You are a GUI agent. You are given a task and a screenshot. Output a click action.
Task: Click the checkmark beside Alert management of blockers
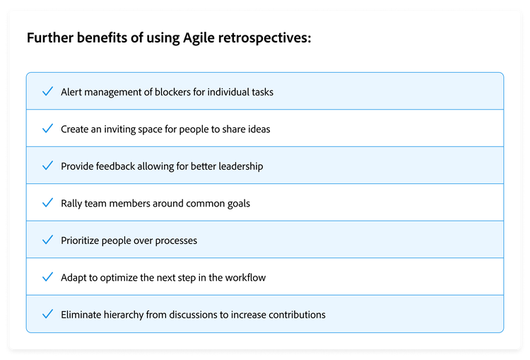[x=47, y=92]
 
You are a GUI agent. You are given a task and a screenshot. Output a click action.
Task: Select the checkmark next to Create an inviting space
[x=47, y=129]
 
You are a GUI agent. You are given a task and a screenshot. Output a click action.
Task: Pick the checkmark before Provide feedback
[x=47, y=166]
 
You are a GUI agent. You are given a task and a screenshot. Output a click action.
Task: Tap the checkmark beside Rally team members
[x=47, y=203]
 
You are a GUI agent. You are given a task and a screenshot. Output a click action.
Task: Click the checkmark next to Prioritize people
[x=47, y=240]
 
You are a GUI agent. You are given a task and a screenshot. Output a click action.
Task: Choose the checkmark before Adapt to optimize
[x=47, y=277]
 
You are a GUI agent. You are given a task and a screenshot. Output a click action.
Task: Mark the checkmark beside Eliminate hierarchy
[x=47, y=314]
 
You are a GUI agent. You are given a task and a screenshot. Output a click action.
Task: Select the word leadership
[x=239, y=166]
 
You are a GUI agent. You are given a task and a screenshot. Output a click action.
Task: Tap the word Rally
[x=72, y=204]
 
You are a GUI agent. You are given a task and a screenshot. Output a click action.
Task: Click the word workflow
[x=245, y=277]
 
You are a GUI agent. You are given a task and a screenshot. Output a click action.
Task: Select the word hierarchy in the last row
[x=130, y=315]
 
